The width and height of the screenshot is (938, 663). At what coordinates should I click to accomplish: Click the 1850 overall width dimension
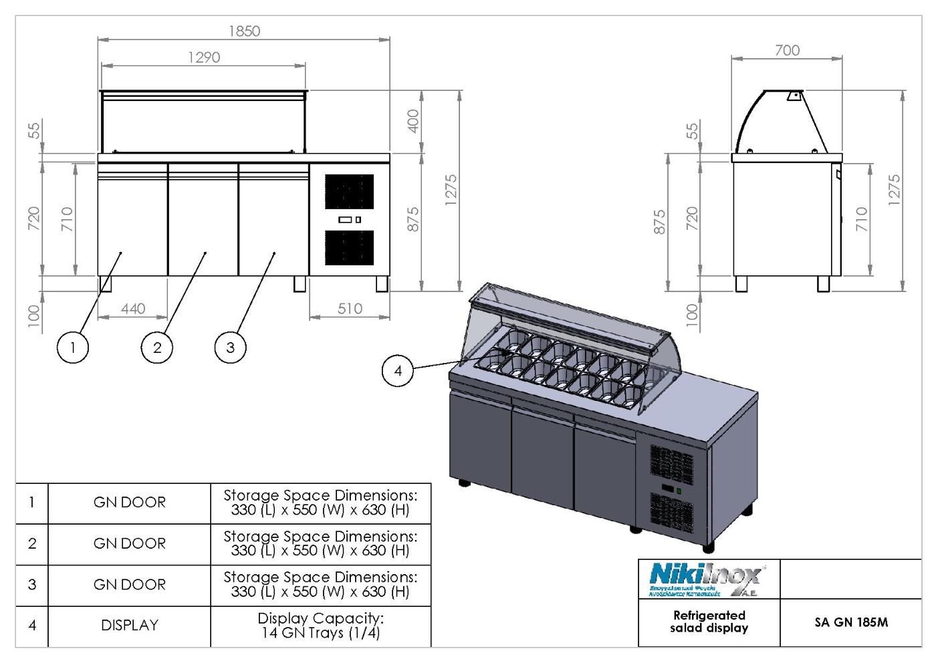click(x=244, y=31)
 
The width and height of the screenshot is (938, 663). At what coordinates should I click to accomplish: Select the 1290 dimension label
click(x=204, y=57)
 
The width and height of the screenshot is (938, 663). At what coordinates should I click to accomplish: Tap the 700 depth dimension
click(x=787, y=50)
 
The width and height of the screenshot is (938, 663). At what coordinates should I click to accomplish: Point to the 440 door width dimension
click(x=133, y=309)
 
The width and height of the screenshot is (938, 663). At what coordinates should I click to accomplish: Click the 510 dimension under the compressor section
click(x=350, y=309)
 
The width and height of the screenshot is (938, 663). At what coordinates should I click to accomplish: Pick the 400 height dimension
click(x=414, y=121)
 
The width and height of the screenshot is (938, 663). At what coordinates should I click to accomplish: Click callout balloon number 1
click(x=73, y=348)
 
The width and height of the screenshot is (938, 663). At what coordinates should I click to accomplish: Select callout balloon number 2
click(x=157, y=348)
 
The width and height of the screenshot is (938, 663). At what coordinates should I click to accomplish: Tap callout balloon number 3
click(x=231, y=348)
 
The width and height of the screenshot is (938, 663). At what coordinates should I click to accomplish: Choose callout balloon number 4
click(x=398, y=370)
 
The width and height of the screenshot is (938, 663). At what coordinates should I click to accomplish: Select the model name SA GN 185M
click(x=851, y=622)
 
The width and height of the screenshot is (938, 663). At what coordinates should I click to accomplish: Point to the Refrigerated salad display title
click(x=709, y=622)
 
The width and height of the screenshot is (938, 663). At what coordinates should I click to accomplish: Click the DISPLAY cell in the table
click(x=130, y=626)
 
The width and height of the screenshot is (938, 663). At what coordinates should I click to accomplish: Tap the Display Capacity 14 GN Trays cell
click(x=320, y=626)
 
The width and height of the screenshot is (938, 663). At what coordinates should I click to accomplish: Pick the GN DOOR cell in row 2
click(x=130, y=544)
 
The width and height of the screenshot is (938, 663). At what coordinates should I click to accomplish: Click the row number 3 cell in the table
click(x=32, y=585)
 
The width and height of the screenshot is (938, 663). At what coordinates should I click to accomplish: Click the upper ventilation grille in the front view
click(x=350, y=192)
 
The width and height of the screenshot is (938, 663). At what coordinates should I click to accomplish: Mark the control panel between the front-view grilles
click(x=350, y=219)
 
